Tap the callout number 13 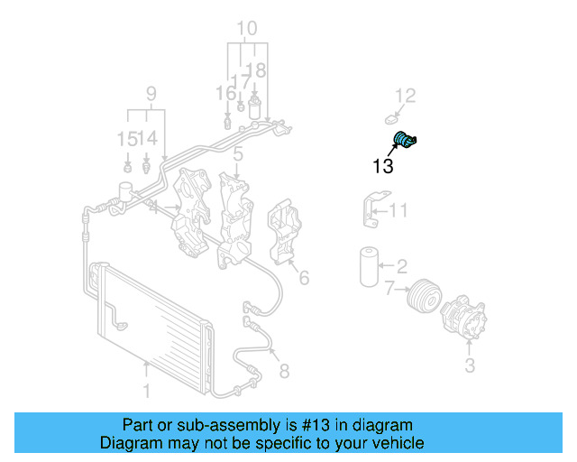click(382, 166)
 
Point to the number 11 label click(398, 211)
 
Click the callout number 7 click(389, 290)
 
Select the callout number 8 click(284, 369)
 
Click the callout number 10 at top click(246, 29)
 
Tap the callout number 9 click(151, 93)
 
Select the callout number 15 click(127, 138)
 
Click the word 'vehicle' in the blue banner click(396, 444)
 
